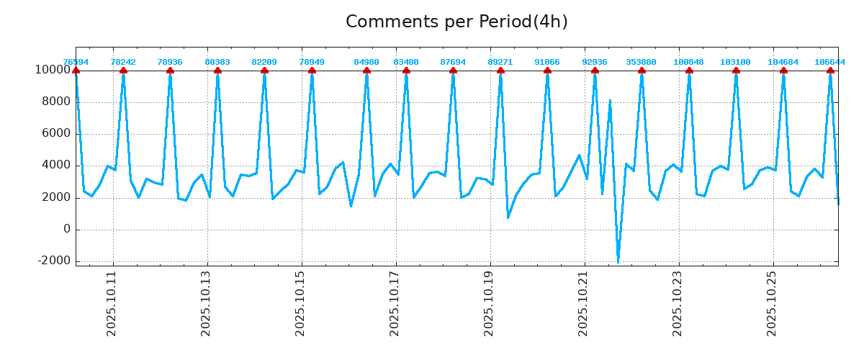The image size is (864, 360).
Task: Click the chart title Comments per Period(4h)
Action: coord(456,22)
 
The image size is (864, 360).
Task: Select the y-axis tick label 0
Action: coord(66,229)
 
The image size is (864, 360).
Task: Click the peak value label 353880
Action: coord(641,62)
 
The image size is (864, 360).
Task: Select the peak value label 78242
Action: coord(123,62)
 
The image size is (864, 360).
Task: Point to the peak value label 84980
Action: coord(366,62)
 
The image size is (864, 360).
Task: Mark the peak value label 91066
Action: coord(547,62)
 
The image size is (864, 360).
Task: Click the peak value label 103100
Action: coord(735,62)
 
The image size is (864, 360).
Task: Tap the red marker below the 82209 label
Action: coord(264,71)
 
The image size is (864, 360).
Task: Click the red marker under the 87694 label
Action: coord(453,71)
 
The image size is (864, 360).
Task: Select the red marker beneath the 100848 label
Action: coord(689,71)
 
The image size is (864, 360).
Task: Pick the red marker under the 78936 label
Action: coord(170,71)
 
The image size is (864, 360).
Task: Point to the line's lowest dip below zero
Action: coord(618,261)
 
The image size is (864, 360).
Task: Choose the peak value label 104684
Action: coord(783,62)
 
